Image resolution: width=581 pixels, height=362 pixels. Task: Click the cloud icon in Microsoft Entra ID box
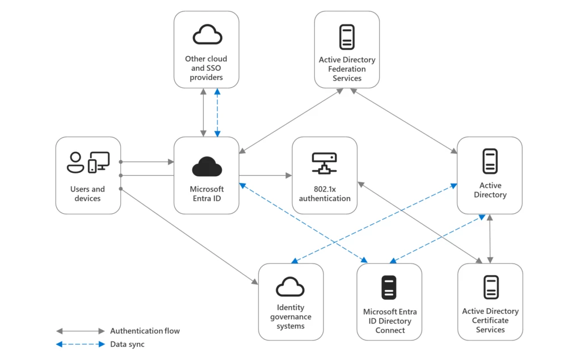click(207, 167)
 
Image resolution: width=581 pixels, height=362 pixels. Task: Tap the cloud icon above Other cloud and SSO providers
click(207, 36)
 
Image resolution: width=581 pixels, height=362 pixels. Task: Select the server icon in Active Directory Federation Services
click(347, 37)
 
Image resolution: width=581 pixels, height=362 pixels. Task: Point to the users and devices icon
click(88, 162)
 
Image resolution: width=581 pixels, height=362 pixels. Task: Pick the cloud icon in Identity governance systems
click(290, 287)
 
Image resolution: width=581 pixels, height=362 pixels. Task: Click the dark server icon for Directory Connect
click(389, 287)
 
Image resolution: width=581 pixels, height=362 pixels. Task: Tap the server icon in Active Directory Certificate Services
click(490, 287)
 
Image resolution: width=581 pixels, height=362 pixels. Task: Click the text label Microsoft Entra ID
click(207, 193)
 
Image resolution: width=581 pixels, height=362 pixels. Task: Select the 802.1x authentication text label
click(325, 193)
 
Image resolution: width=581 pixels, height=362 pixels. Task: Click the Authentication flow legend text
click(145, 331)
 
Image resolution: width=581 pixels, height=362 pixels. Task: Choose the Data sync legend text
click(127, 344)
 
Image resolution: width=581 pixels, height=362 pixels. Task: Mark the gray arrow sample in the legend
click(80, 331)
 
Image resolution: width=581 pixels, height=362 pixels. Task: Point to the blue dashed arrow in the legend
click(80, 344)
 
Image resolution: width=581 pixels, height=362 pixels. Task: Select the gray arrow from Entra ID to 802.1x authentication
click(265, 176)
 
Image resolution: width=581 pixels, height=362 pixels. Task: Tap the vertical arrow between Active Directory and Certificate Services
click(490, 239)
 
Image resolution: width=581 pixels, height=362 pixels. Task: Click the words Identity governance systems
click(290, 317)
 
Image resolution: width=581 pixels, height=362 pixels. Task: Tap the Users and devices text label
click(88, 194)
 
